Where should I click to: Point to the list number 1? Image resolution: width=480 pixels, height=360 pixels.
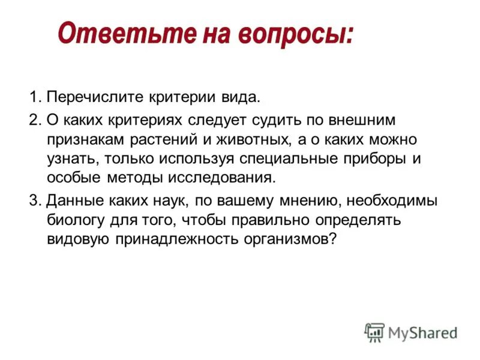click(x=33, y=97)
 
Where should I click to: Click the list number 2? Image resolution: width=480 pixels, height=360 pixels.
click(x=33, y=119)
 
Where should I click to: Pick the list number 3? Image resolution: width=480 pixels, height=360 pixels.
click(x=33, y=200)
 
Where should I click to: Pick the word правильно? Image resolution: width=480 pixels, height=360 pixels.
click(x=257, y=220)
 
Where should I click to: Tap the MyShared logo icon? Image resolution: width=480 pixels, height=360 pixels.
click(x=374, y=332)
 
